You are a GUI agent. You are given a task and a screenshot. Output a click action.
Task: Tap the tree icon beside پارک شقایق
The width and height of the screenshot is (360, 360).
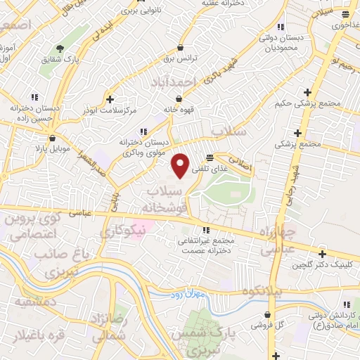click(x=60, y=48)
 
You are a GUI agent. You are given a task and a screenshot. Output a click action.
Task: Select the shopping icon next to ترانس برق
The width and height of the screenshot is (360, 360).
click(x=181, y=48)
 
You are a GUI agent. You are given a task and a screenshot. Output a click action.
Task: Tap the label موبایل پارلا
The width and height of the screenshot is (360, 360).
click(x=48, y=150)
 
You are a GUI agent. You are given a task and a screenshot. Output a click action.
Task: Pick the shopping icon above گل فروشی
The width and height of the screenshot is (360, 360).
click(x=267, y=315)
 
